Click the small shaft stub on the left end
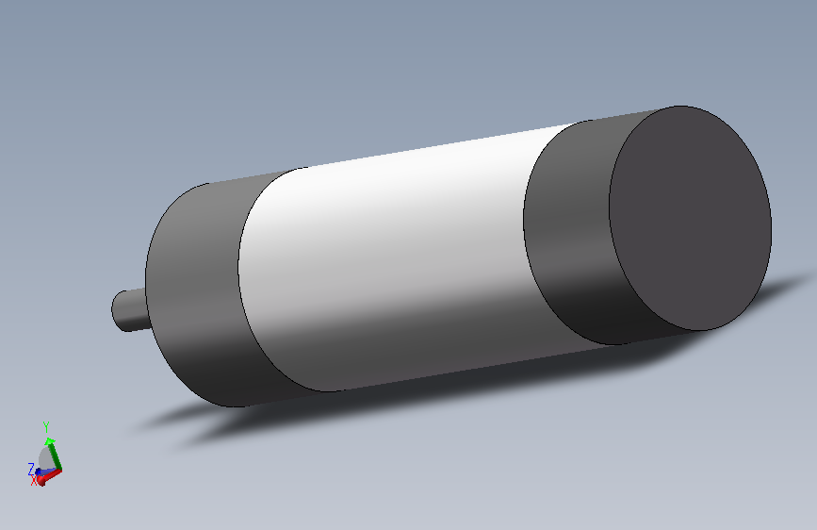coord(129,310)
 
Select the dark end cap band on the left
coord(195,292)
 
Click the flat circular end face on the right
coord(691,218)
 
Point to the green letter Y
coord(46,427)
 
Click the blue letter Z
coord(31,469)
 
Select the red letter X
coord(34,480)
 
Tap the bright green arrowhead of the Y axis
coord(50,441)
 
